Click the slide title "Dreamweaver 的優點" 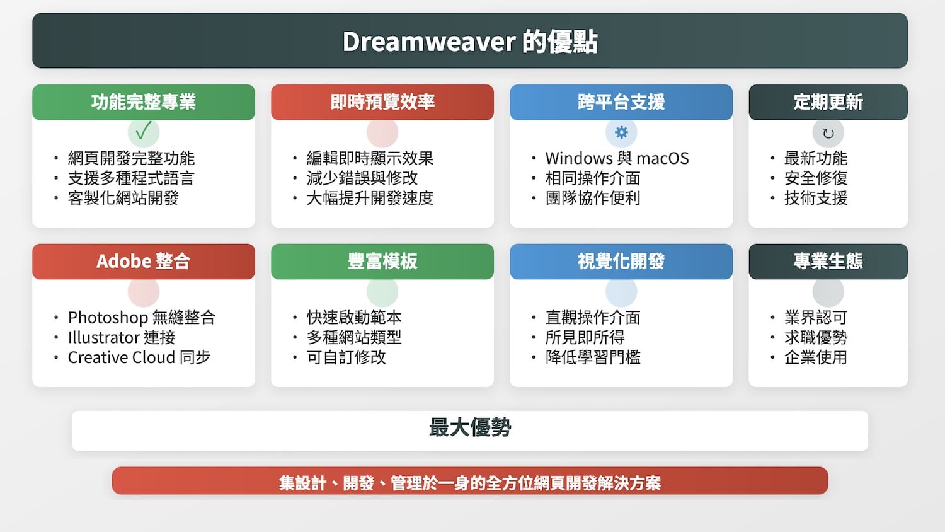point(470,42)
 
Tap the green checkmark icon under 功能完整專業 point(144,131)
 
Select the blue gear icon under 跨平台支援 point(621,132)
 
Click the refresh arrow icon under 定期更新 point(828,133)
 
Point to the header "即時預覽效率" point(382,102)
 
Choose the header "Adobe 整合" point(144,261)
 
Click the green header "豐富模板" point(382,261)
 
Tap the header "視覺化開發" point(621,261)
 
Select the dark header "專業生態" point(828,261)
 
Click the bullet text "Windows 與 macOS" point(617,158)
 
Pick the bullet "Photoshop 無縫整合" point(141,317)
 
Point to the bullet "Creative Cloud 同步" point(139,357)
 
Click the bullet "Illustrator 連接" point(121,337)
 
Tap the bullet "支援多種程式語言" point(131,178)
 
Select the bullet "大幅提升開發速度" point(370,198)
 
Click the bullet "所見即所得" point(585,337)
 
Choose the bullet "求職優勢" point(815,337)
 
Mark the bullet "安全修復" point(815,178)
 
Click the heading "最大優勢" point(470,428)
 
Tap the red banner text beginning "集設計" point(470,483)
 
